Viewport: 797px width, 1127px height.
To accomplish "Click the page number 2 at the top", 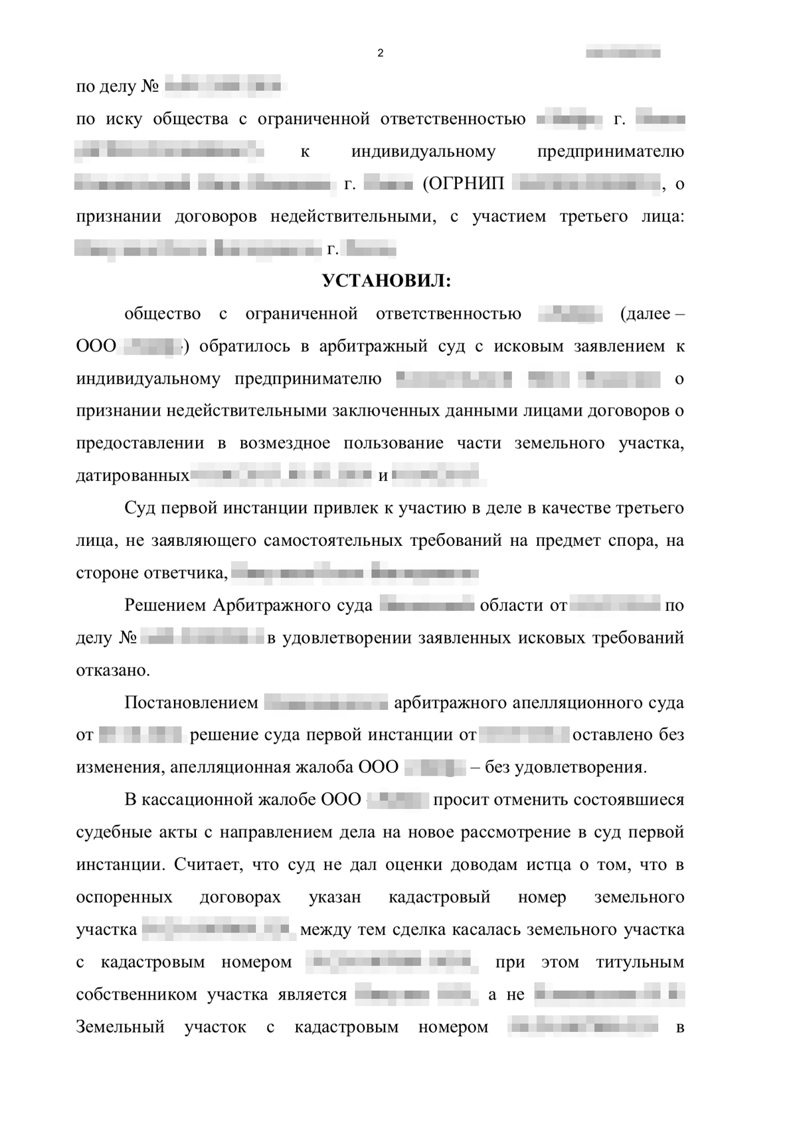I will [380, 54].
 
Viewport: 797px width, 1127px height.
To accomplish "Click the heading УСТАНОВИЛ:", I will [387, 282].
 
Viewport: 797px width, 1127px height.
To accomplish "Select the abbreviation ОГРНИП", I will [464, 184].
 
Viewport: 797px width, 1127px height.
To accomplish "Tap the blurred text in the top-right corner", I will [623, 52].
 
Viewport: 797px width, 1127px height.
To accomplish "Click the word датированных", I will [133, 476].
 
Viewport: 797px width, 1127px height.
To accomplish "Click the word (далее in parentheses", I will [644, 314].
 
